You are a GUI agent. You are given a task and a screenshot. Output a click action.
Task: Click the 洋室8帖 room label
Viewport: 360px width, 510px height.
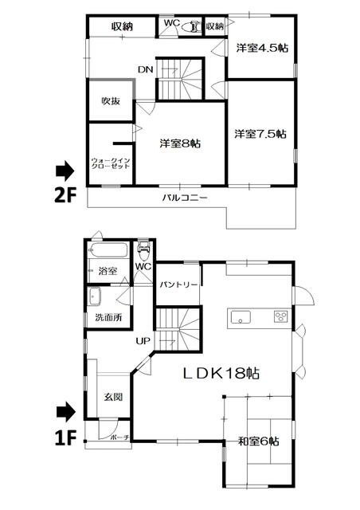click(x=180, y=143)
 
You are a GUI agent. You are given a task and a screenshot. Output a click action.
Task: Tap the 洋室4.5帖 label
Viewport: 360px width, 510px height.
click(x=262, y=48)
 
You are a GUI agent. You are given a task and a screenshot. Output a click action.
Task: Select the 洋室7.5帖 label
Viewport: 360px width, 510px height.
click(x=260, y=134)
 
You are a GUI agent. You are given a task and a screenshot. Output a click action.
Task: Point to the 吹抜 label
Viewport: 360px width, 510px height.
click(x=111, y=101)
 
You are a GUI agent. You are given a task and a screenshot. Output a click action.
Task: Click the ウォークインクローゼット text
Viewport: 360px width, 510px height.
click(x=111, y=163)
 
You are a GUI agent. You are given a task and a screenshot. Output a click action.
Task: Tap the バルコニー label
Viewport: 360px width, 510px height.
click(x=185, y=198)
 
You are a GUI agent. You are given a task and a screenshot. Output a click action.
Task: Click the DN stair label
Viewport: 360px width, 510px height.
click(x=146, y=69)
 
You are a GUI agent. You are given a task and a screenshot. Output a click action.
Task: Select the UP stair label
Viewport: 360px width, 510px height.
click(x=143, y=341)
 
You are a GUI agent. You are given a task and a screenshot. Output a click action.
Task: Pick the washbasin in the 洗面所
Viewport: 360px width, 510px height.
click(x=95, y=296)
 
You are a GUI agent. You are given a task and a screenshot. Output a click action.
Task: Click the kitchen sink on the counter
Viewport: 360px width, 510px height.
click(x=241, y=317)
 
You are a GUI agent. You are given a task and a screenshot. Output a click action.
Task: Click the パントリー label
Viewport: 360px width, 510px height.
click(x=178, y=285)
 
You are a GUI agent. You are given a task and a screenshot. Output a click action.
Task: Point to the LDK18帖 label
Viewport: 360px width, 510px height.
click(x=221, y=373)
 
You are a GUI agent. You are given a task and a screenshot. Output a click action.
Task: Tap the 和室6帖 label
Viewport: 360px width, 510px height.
click(x=259, y=441)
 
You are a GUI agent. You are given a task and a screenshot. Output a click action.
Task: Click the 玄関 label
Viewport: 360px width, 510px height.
click(x=113, y=397)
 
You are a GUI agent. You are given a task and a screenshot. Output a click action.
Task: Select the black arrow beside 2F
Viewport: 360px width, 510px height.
click(x=65, y=171)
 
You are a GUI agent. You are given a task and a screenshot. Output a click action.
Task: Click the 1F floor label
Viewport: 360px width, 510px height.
click(x=65, y=438)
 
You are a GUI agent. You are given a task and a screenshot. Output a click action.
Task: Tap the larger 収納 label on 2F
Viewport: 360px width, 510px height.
click(x=123, y=26)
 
